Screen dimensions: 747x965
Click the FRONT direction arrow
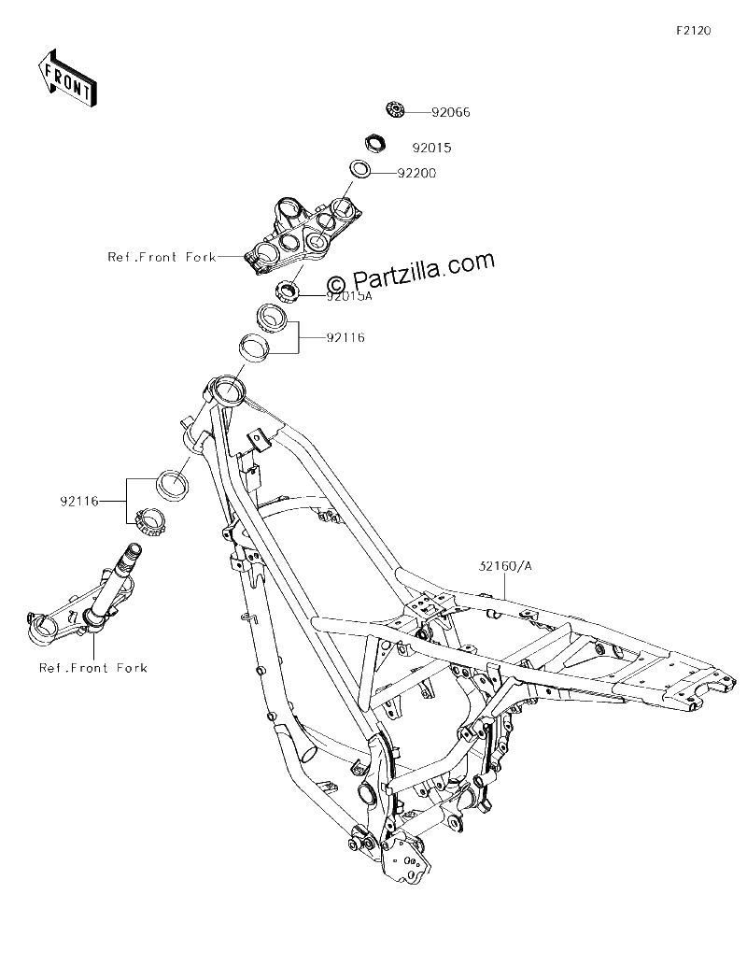(x=65, y=77)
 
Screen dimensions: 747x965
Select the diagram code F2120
(x=694, y=31)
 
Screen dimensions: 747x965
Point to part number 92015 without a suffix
(x=432, y=149)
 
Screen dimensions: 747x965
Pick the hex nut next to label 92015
(x=374, y=143)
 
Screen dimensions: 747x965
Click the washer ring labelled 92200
(x=360, y=169)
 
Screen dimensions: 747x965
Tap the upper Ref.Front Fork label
(x=162, y=257)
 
